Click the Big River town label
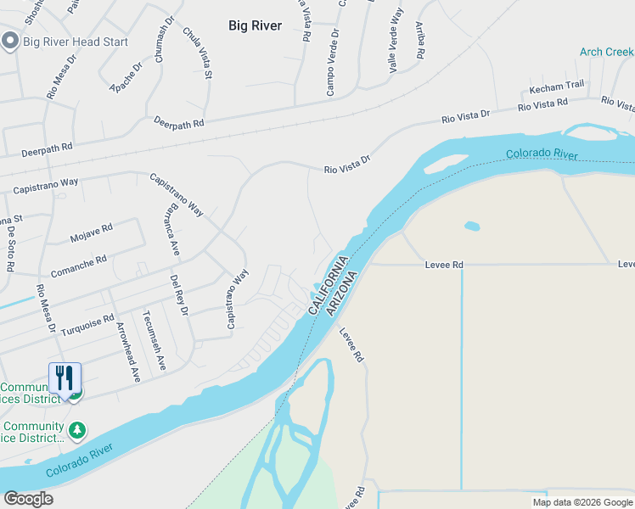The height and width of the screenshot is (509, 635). point(255,25)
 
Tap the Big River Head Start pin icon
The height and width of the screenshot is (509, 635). point(10,41)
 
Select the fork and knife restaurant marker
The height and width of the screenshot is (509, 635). point(65,378)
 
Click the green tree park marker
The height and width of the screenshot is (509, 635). point(77,430)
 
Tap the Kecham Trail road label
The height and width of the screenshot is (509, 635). point(557,86)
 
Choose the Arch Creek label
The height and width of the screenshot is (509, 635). point(606,52)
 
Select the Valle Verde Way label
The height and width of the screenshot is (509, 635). point(395,40)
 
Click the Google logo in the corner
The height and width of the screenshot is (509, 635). point(28,500)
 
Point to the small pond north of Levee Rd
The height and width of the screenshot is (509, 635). point(472,227)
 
